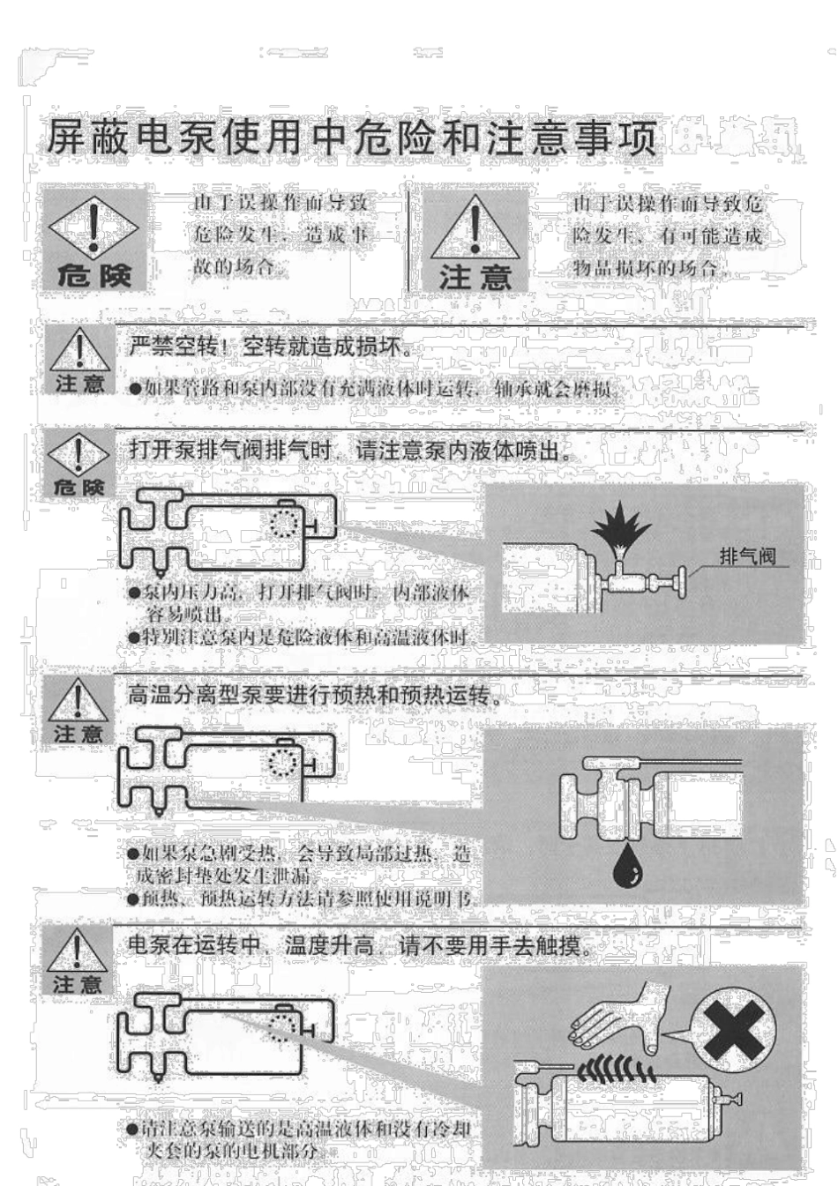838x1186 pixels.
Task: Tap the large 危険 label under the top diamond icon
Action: tap(94, 275)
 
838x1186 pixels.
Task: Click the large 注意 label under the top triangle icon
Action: tap(475, 277)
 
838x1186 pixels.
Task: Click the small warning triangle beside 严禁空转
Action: tap(79, 351)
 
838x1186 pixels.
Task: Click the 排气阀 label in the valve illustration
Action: tap(746, 556)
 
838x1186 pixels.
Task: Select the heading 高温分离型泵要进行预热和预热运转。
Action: tap(316, 696)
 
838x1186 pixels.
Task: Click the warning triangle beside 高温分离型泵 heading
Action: tap(79, 701)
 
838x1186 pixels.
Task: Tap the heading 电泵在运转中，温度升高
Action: tap(356, 946)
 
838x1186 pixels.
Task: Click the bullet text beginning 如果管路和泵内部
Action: tap(375, 388)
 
